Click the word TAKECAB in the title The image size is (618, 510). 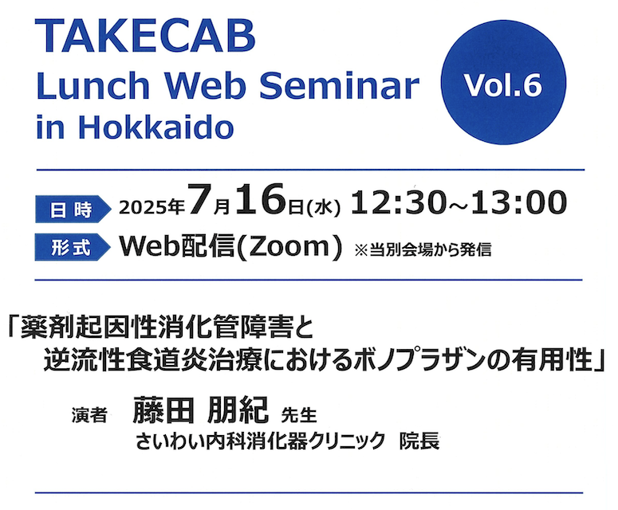click(x=145, y=36)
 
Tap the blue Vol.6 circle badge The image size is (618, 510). click(x=503, y=82)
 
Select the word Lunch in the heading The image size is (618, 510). click(x=93, y=85)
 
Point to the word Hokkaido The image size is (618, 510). click(x=156, y=127)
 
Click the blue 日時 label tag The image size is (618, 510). click(x=73, y=209)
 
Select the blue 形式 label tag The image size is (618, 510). click(x=73, y=247)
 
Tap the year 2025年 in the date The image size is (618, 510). click(x=152, y=206)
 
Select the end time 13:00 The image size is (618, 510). click(x=518, y=203)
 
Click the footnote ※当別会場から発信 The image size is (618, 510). click(x=423, y=249)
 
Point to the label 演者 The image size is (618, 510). click(x=89, y=415)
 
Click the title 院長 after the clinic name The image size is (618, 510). click(x=419, y=441)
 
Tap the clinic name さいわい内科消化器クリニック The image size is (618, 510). click(x=260, y=441)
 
